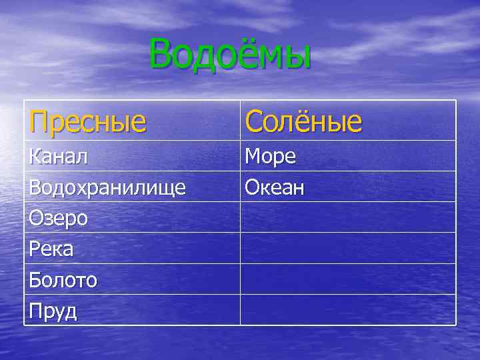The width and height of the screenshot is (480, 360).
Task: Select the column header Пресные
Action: [x=87, y=121]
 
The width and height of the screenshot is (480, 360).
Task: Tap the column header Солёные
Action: [x=303, y=121]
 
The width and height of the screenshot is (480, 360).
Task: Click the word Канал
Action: [x=59, y=157]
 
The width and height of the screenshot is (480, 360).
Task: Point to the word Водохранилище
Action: [x=107, y=187]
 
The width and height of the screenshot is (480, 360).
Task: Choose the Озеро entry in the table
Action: [x=59, y=218]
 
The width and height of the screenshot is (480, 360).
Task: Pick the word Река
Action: [x=51, y=249]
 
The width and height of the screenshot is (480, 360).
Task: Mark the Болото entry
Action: [x=63, y=280]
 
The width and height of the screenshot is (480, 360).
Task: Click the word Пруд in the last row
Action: [x=53, y=311]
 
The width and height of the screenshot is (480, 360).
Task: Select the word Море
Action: [x=270, y=157]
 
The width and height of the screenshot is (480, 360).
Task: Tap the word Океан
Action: [x=275, y=187]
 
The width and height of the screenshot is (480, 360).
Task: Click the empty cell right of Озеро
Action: [x=348, y=217]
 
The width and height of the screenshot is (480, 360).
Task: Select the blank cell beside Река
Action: [x=348, y=248]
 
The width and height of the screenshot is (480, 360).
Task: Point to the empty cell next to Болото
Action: [x=348, y=279]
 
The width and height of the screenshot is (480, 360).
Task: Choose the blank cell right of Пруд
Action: [x=348, y=310]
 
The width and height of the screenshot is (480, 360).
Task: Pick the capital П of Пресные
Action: [x=39, y=121]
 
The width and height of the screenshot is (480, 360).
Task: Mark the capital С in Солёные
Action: [x=254, y=121]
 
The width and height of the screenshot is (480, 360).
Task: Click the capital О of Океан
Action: [x=252, y=187]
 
